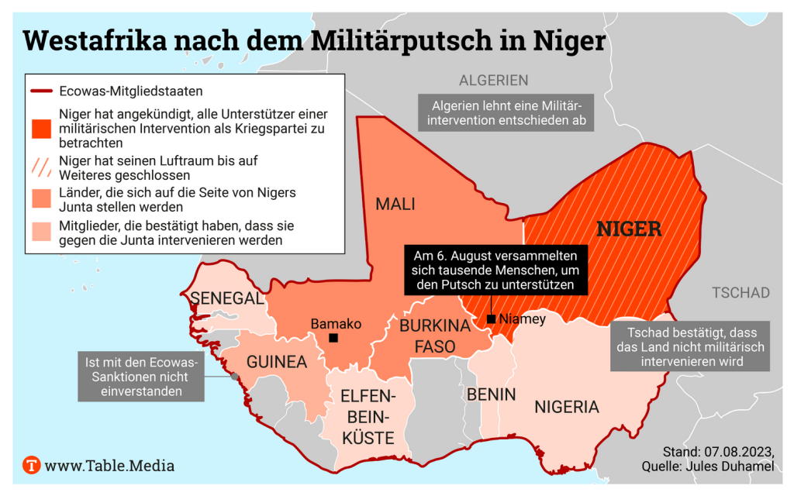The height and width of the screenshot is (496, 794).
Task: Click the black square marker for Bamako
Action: (333, 338)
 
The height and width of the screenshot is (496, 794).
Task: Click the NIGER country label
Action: (628, 229)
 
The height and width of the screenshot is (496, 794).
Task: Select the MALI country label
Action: (395, 205)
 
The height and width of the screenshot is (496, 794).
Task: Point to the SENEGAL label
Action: (227, 298)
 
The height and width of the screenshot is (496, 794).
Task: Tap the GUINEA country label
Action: (276, 362)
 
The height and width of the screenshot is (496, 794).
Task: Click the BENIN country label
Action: (491, 394)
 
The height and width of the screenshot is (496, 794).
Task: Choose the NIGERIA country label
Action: (566, 407)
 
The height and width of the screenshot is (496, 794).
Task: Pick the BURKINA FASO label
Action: (435, 336)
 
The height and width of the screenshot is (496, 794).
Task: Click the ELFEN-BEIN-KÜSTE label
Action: (368, 418)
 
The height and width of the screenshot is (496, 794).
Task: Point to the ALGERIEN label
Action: (493, 80)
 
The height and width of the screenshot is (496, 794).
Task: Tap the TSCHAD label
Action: (740, 293)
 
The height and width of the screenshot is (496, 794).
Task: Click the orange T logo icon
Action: (32, 466)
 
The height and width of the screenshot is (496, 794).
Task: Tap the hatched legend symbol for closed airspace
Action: (41, 165)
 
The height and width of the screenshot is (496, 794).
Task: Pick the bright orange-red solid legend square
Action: (41, 128)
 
